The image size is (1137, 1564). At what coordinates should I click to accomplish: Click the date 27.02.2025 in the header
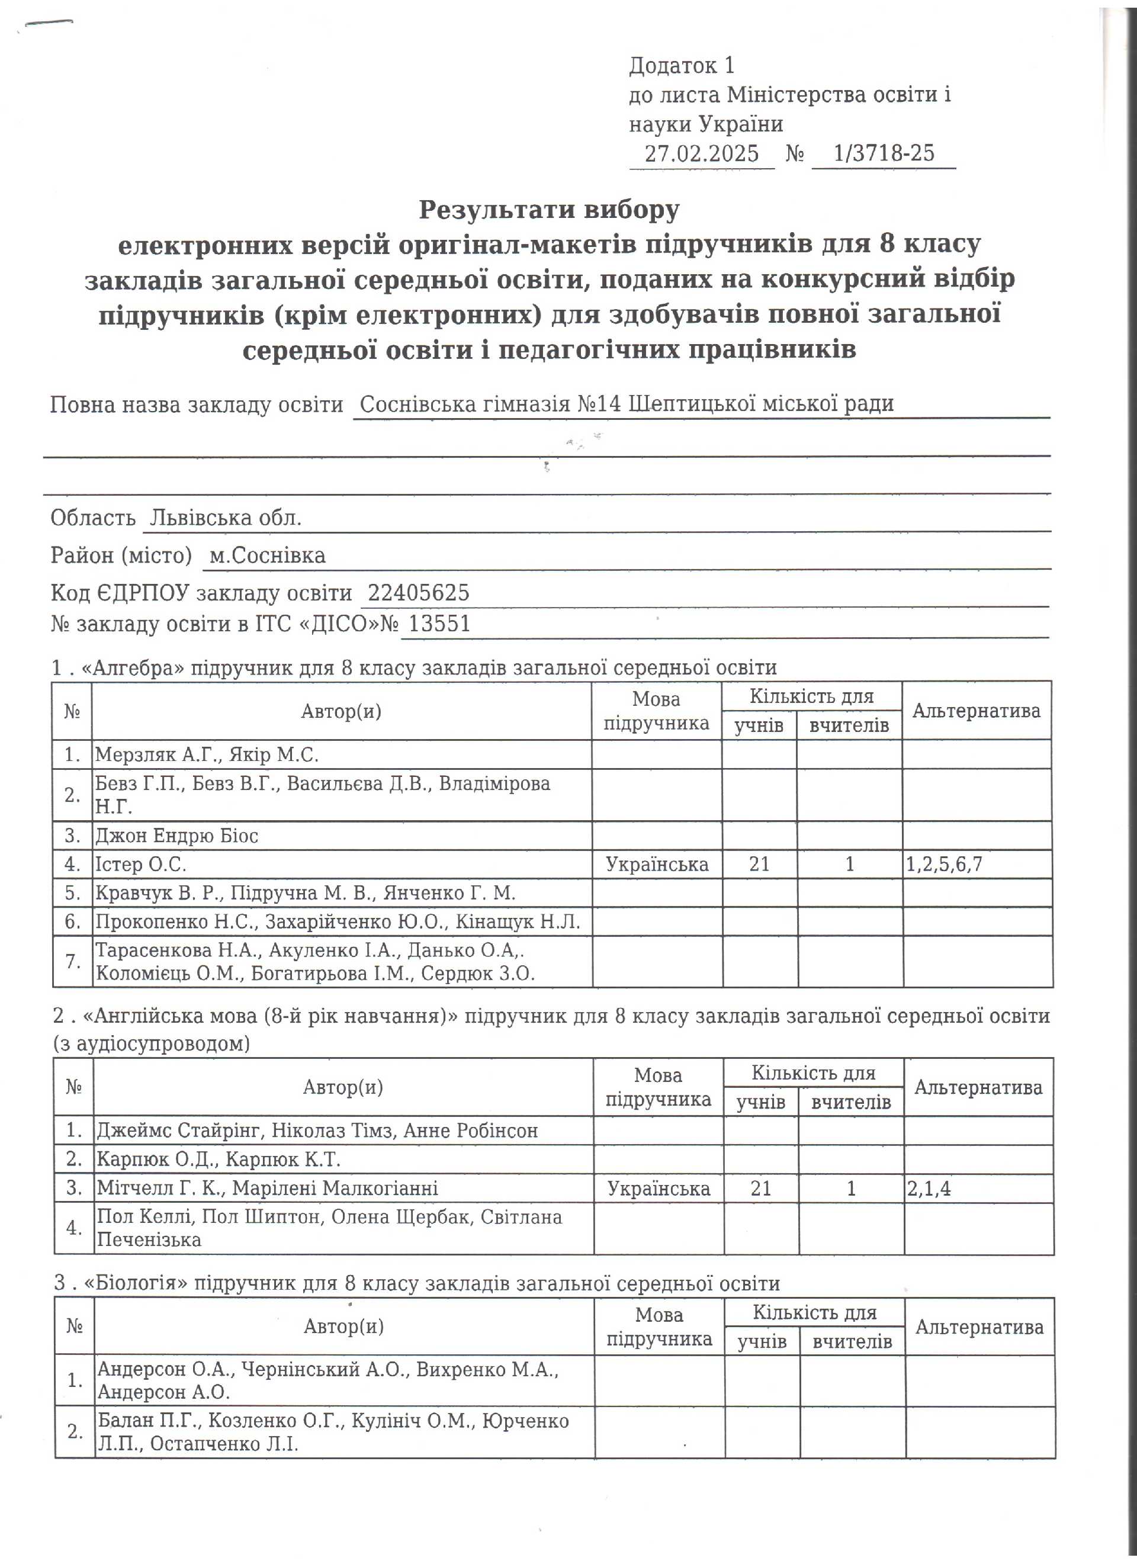[x=701, y=153]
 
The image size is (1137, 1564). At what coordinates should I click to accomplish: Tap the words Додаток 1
[x=681, y=66]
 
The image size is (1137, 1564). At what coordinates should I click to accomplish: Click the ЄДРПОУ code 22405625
[x=419, y=592]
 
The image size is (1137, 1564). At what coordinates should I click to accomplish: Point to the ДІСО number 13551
[x=439, y=624]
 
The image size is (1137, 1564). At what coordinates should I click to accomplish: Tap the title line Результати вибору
[x=549, y=209]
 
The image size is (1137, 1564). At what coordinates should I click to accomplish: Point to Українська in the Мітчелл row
[x=659, y=1188]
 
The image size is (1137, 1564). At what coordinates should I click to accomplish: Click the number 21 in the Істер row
[x=759, y=864]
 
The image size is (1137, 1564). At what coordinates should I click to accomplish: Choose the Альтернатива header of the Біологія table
[x=979, y=1327]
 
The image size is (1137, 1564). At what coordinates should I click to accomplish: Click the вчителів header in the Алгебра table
[x=849, y=725]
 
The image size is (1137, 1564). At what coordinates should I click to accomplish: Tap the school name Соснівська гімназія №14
[x=494, y=403]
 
